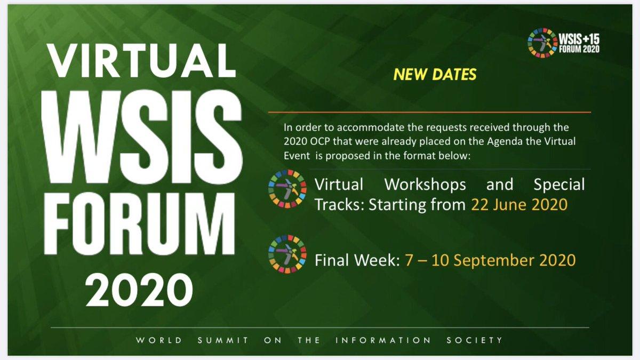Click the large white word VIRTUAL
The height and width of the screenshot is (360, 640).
coord(142,61)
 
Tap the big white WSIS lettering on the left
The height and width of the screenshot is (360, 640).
coord(142,137)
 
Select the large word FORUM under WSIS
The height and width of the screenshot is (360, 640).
coord(139,223)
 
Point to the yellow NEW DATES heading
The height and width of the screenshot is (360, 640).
coord(435,74)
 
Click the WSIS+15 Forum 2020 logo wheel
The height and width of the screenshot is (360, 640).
coord(542,43)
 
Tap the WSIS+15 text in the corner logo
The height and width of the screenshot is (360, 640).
coord(579,39)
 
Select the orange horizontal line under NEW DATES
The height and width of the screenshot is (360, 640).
coord(429,113)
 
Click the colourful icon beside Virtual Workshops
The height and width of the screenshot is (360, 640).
coord(287,189)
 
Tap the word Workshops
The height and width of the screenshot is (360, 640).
coord(425,185)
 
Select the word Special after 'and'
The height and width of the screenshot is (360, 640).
coord(559,185)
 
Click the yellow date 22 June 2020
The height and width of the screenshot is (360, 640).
coord(519,205)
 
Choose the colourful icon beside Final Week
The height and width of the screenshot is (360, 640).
coord(287,254)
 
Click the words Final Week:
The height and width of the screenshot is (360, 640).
coord(357,260)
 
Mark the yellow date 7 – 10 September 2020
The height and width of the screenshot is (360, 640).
coord(490,261)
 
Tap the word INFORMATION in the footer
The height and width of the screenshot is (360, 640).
coord(383,340)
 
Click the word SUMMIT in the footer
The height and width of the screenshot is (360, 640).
coord(223,340)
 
